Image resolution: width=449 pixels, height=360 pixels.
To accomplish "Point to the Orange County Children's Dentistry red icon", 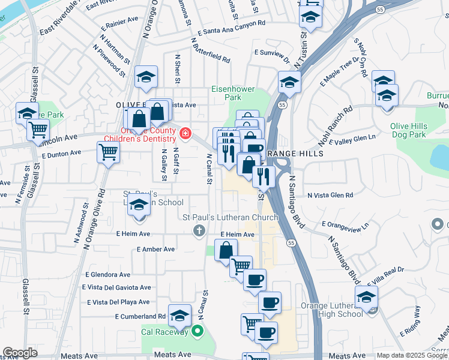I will click(x=186, y=133).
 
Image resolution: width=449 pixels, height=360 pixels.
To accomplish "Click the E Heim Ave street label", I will click(x=238, y=235).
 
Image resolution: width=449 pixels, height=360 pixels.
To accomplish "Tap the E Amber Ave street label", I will click(x=155, y=249).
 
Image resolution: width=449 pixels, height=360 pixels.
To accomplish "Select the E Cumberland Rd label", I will click(x=140, y=316).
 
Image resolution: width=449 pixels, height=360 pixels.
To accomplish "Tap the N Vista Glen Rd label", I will click(x=330, y=195).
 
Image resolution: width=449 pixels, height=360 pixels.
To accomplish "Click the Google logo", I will click(x=20, y=353).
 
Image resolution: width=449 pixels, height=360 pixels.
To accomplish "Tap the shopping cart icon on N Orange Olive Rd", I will click(x=108, y=152).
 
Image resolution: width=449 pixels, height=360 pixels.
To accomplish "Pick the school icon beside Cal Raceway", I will click(x=179, y=315).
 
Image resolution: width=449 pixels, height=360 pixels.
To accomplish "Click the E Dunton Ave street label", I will click(x=61, y=154).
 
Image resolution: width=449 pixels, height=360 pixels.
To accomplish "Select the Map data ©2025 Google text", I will click(x=411, y=355).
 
